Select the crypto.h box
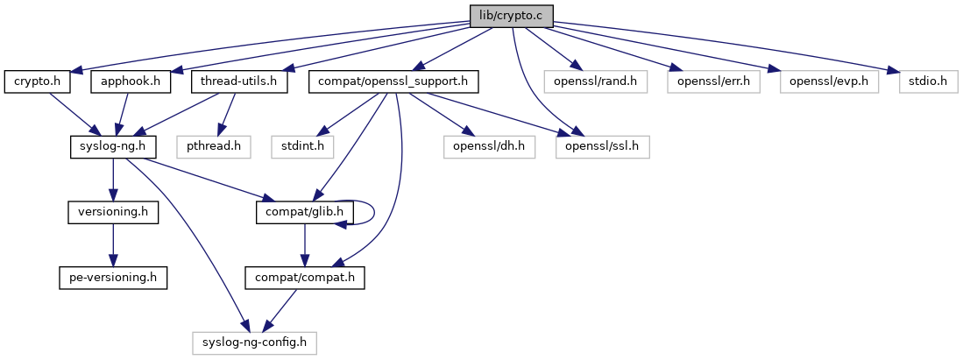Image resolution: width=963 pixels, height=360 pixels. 37,82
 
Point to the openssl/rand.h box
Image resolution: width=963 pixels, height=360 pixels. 595,82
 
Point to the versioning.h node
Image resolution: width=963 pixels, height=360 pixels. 112,213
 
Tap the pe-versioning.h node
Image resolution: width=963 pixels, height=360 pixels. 112,278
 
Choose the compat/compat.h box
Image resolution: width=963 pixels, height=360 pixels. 303,278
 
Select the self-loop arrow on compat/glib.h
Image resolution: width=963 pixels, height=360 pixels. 374,211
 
